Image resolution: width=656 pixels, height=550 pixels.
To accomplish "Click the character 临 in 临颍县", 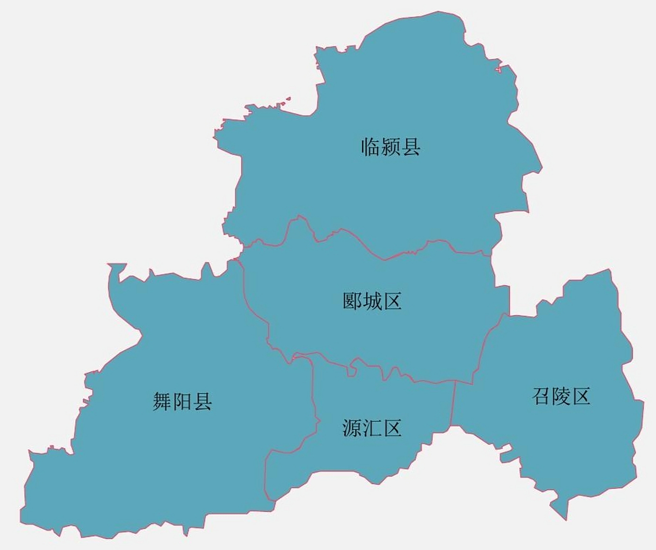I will pyautogui.click(x=370, y=147).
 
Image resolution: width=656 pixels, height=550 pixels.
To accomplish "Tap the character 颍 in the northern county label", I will pyautogui.click(x=391, y=147).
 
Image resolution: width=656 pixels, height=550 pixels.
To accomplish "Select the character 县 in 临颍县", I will pyautogui.click(x=411, y=147).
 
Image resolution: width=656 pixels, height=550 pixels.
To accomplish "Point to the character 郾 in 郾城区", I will pyautogui.click(x=352, y=301).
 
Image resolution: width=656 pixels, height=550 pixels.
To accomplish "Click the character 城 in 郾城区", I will pyautogui.click(x=372, y=301).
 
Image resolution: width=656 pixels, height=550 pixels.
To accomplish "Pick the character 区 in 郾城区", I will pyautogui.click(x=392, y=301).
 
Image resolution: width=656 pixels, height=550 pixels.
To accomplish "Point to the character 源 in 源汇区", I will pyautogui.click(x=352, y=428).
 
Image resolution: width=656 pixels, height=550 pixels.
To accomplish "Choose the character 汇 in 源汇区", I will pyautogui.click(x=372, y=428).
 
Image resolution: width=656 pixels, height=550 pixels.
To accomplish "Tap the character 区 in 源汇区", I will pyautogui.click(x=392, y=428).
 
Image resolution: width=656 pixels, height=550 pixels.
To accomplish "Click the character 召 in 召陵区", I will pyautogui.click(x=541, y=396).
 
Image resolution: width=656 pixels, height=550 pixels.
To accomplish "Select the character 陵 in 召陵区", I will pyautogui.click(x=561, y=396).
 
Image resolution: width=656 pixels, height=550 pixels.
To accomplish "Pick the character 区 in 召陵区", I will pyautogui.click(x=581, y=396).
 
